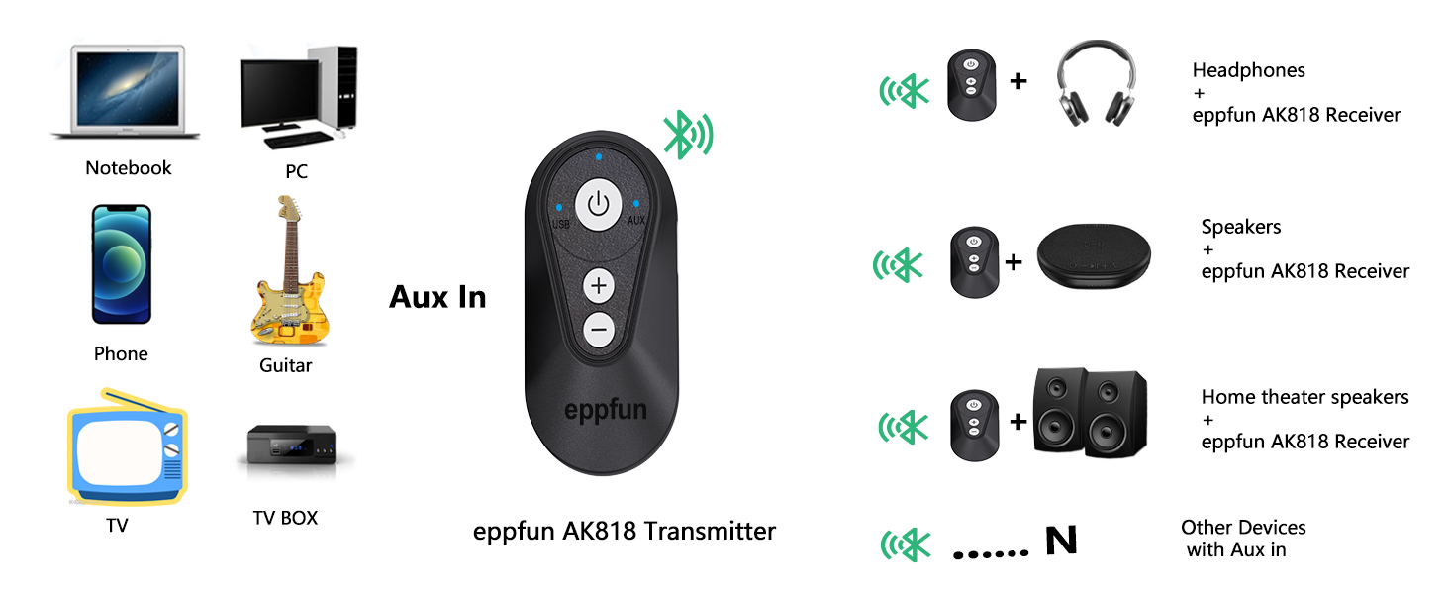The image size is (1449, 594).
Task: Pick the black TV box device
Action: tap(293, 446)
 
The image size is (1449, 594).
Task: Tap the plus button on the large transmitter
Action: tap(599, 287)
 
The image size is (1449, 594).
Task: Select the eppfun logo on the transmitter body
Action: tap(605, 408)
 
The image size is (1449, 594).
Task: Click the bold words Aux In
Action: tap(437, 297)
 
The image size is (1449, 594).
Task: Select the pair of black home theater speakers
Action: tap(1090, 413)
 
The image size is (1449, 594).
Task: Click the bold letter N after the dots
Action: tap(1060, 541)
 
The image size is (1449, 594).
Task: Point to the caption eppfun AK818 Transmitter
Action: tap(624, 532)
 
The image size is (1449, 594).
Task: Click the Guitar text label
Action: tap(285, 365)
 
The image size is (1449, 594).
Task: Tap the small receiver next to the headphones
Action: tap(970, 85)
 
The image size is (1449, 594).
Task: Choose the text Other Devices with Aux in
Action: tap(1242, 539)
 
